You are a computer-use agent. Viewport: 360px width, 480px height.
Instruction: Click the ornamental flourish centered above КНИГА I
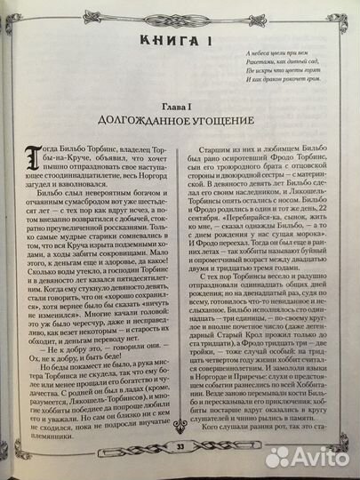(x=180, y=12)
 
